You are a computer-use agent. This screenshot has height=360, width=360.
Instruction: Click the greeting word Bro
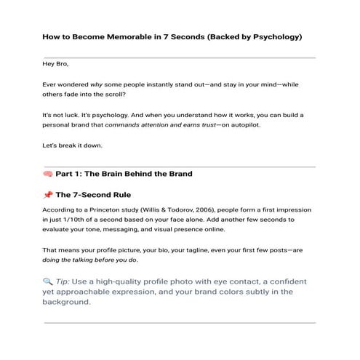tap(60, 64)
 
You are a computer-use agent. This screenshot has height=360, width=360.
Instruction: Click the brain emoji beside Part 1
tap(48, 175)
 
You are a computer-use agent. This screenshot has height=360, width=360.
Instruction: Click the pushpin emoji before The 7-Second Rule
tap(48, 195)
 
